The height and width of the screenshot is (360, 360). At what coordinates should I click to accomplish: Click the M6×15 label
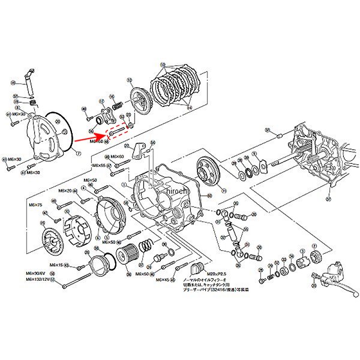[56, 265]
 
